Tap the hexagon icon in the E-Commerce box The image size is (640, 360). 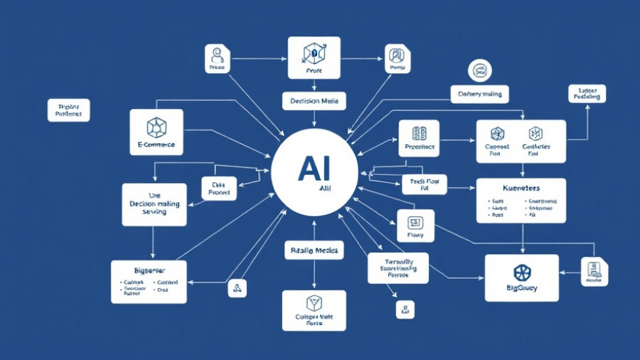pyautogui.click(x=156, y=127)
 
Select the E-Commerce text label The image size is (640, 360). pyautogui.click(x=156, y=144)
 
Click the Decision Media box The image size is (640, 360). pyautogui.click(x=314, y=101)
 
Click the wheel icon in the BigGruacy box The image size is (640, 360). pyautogui.click(x=521, y=272)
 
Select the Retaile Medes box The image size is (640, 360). pyautogui.click(x=314, y=250)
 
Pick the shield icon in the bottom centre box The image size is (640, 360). pyautogui.click(x=314, y=304)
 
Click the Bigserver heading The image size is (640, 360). pyautogui.click(x=149, y=270)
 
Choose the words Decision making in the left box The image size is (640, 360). pyautogui.click(x=154, y=203)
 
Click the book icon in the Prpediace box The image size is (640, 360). pyautogui.click(x=419, y=133)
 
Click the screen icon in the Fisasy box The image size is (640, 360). pyautogui.click(x=415, y=222)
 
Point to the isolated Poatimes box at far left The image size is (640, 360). pyautogui.click(x=69, y=110)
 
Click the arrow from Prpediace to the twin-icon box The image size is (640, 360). pyautogui.click(x=457, y=140)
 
